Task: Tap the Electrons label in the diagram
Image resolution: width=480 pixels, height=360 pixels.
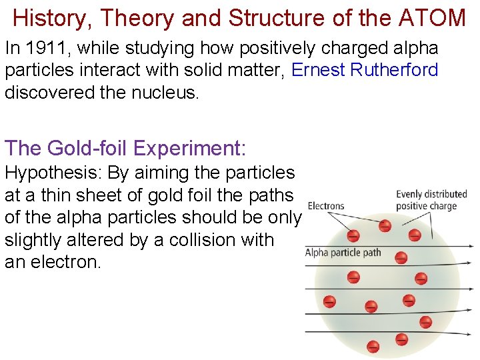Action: pos(326,207)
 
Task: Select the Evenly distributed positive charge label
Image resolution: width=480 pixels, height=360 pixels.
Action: pos(427,200)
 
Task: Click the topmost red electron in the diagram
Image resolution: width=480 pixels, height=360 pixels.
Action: pos(385,226)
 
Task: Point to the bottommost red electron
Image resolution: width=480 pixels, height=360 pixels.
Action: pos(373,346)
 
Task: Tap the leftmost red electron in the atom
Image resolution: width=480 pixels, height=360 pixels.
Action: pos(329,301)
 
